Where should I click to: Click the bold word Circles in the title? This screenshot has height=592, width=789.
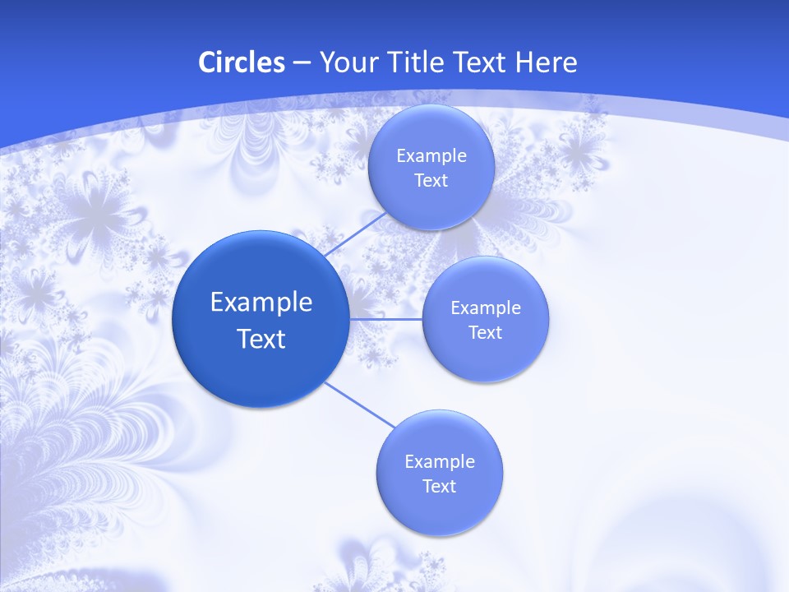point(241,62)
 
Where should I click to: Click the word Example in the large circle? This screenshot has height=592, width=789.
point(261,302)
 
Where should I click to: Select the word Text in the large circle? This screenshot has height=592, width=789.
point(261,339)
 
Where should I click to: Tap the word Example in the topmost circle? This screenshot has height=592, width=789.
point(431,156)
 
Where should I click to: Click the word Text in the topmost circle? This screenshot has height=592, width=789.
point(431,181)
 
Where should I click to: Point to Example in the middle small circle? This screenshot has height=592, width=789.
point(486,308)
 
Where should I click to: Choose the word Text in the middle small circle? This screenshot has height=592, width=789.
point(485,333)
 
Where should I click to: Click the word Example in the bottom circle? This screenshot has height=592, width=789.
point(440,462)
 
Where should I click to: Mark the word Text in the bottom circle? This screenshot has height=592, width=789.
point(439,487)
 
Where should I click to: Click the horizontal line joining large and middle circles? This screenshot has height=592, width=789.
point(385,319)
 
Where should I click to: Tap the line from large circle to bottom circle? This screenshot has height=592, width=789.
point(359,405)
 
